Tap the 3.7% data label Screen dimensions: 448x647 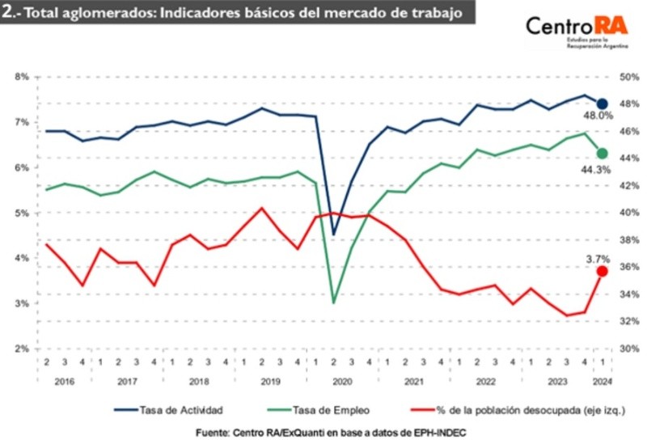click(598, 259)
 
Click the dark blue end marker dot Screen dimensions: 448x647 click(602, 104)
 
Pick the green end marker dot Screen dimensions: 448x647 click(602, 153)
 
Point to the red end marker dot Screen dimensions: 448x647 click(602, 272)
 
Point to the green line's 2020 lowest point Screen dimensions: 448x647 click(334, 302)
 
